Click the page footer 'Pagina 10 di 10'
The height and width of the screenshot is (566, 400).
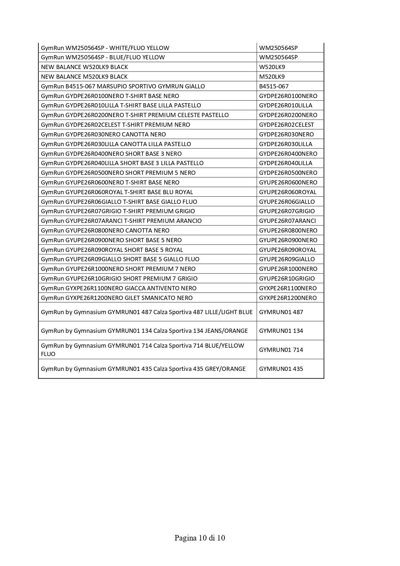click(x=200, y=538)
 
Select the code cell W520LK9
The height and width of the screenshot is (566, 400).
click(x=272, y=67)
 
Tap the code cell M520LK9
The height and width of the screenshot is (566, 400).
click(x=272, y=77)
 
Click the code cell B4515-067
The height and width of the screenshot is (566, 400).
click(x=274, y=86)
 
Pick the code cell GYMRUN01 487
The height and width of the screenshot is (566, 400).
click(x=281, y=312)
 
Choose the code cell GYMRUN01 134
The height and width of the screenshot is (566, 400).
click(x=281, y=331)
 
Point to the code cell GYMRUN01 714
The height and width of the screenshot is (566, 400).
click(x=281, y=350)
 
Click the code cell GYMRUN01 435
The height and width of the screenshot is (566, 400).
click(x=281, y=369)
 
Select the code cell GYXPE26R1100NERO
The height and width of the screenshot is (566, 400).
click(x=288, y=288)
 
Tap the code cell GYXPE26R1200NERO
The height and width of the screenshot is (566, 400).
click(x=288, y=298)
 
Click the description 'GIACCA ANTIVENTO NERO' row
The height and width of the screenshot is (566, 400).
click(x=119, y=288)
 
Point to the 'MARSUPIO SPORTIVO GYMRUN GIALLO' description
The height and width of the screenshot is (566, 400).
click(x=123, y=86)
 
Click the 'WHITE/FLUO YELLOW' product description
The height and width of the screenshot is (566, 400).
click(x=105, y=48)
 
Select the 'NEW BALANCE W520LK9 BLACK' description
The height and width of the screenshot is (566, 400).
click(x=84, y=67)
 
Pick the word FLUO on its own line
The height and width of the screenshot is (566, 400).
click(x=48, y=354)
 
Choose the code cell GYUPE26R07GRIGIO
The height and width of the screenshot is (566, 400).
click(x=287, y=211)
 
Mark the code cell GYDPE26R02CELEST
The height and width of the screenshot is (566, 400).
click(x=287, y=125)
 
